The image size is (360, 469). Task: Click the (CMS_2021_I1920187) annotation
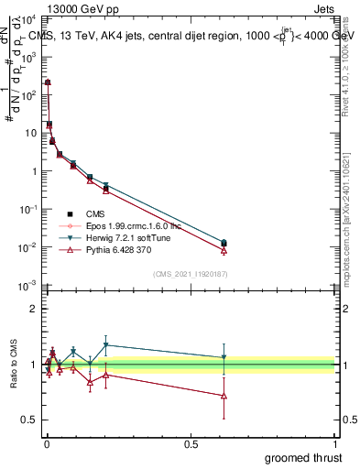tap(191, 274)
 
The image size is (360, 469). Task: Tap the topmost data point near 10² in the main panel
tap(48, 82)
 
